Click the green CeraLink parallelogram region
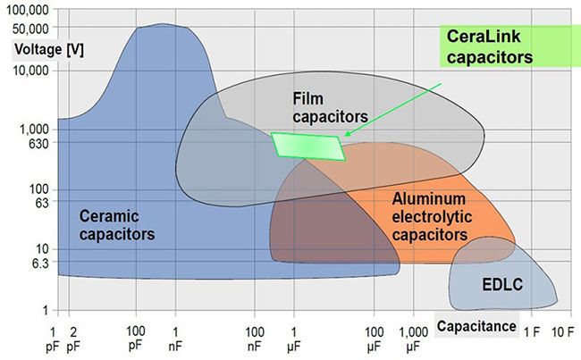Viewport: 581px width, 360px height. click(x=308, y=147)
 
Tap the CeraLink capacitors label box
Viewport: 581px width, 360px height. click(x=510, y=46)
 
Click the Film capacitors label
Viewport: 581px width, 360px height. click(x=330, y=107)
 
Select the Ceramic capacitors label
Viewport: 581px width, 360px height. click(x=117, y=225)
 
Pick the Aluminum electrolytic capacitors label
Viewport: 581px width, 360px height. click(x=432, y=217)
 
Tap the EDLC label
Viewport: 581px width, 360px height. click(x=502, y=284)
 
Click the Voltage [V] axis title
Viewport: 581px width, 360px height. click(x=49, y=50)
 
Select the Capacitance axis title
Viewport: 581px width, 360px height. click(x=476, y=326)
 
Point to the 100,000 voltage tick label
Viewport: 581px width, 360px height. click(x=28, y=10)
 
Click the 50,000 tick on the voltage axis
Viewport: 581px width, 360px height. click(x=30, y=29)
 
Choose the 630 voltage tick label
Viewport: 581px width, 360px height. click(x=38, y=143)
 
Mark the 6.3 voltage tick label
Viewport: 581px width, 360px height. click(x=40, y=264)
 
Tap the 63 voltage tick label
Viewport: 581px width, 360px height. click(x=41, y=203)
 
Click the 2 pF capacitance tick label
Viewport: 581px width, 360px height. click(x=73, y=339)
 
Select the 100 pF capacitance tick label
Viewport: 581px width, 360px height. click(x=136, y=339)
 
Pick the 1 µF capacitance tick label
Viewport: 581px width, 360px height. click(x=294, y=339)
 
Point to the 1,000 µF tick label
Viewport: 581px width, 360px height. click(x=414, y=339)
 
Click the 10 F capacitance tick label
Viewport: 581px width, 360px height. click(x=563, y=332)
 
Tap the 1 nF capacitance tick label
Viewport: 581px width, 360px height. click(x=175, y=339)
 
